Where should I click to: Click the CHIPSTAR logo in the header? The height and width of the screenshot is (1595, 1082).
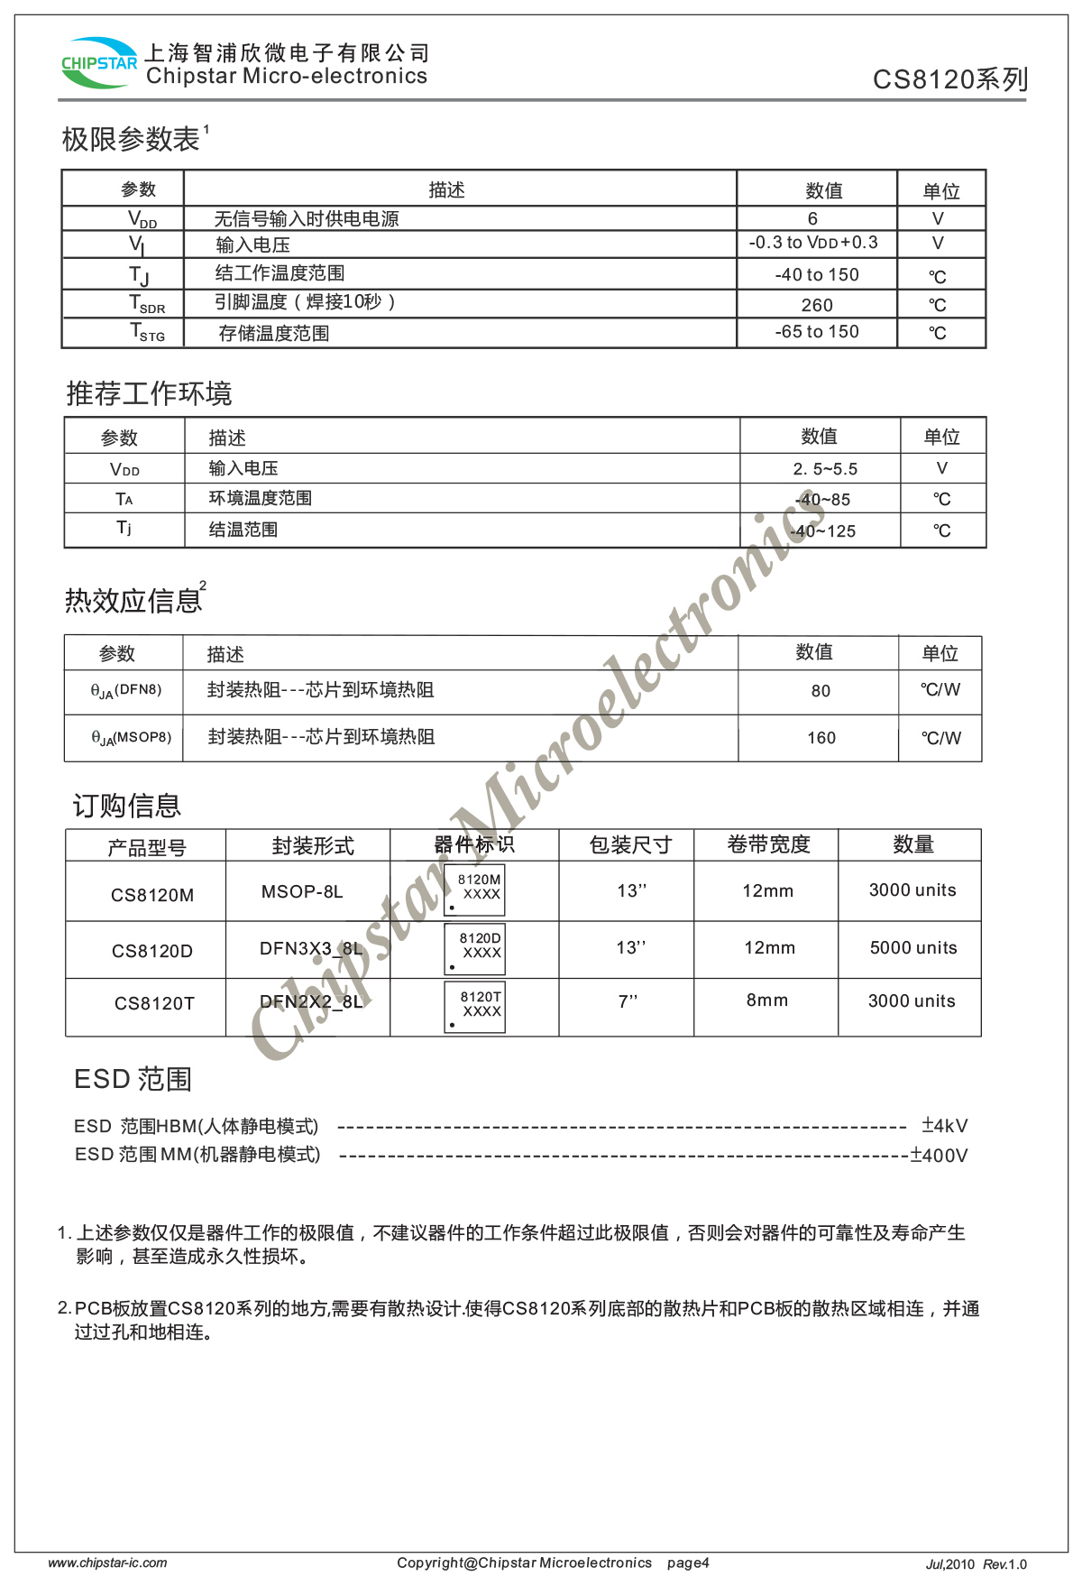(x=98, y=62)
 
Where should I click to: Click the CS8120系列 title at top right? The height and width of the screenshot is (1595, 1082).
(x=949, y=79)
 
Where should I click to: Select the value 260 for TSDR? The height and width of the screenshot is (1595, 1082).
(x=817, y=305)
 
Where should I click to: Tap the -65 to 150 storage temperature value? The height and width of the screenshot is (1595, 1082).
(x=817, y=332)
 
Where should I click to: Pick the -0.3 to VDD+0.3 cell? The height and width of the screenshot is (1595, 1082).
(x=813, y=243)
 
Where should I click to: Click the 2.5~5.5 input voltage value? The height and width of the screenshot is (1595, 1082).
(x=825, y=469)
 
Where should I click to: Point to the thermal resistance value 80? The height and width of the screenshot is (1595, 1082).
(x=821, y=691)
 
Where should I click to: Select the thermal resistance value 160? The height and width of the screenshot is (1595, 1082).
(x=821, y=738)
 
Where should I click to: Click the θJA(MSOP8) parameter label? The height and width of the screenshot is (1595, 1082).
(x=131, y=738)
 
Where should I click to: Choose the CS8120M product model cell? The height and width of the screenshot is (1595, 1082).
(x=152, y=895)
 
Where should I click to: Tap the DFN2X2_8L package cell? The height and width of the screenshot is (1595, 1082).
(x=311, y=1001)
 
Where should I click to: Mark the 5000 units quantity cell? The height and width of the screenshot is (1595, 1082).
(x=913, y=948)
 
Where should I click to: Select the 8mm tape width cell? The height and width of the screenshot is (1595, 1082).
(x=767, y=1000)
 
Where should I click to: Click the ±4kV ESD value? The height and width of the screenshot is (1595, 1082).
(x=944, y=1126)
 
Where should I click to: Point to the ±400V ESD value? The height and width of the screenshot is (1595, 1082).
(x=939, y=1156)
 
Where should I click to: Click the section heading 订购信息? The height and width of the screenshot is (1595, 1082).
(x=127, y=806)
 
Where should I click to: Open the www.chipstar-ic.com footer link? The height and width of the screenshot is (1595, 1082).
(x=107, y=1563)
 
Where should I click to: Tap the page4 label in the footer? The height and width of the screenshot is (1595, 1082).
(x=688, y=1563)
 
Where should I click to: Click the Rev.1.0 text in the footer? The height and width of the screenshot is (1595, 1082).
(x=1004, y=1564)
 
